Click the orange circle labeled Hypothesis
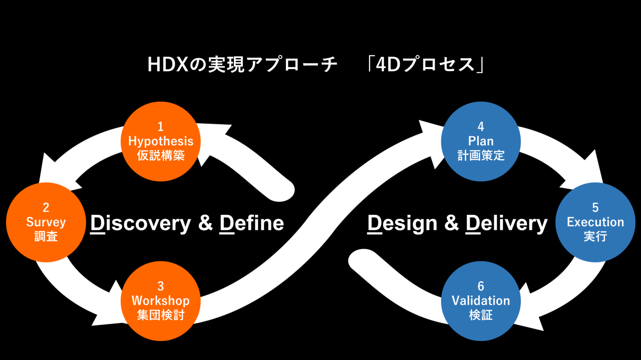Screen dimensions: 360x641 pos(160,141)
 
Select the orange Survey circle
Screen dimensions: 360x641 pos(46,222)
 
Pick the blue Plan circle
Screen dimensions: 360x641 pos(481,141)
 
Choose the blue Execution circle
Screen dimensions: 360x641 pos(595,222)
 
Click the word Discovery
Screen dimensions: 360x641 pos(141,223)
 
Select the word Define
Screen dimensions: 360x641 pos(252,223)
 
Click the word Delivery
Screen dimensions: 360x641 pos(506,223)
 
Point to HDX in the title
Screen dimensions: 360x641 pos(166,65)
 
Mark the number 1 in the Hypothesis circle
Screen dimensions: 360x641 pos(160,127)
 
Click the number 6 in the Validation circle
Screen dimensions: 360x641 pos(481,286)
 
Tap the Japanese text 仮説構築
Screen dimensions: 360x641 pos(160,156)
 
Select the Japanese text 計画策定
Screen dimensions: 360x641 pos(481,156)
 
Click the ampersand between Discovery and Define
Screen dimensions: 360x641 pos(205,223)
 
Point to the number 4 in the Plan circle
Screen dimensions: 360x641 pos(481,127)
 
